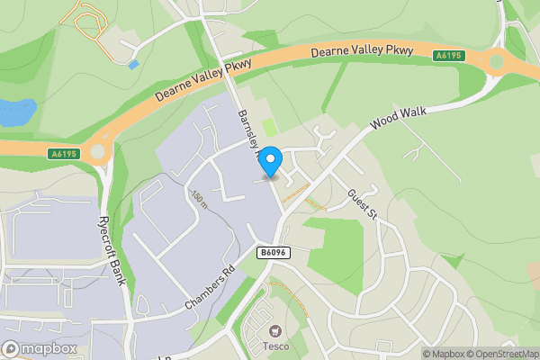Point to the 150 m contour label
[198, 198]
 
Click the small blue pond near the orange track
[133, 64]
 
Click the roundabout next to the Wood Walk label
[496, 64]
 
